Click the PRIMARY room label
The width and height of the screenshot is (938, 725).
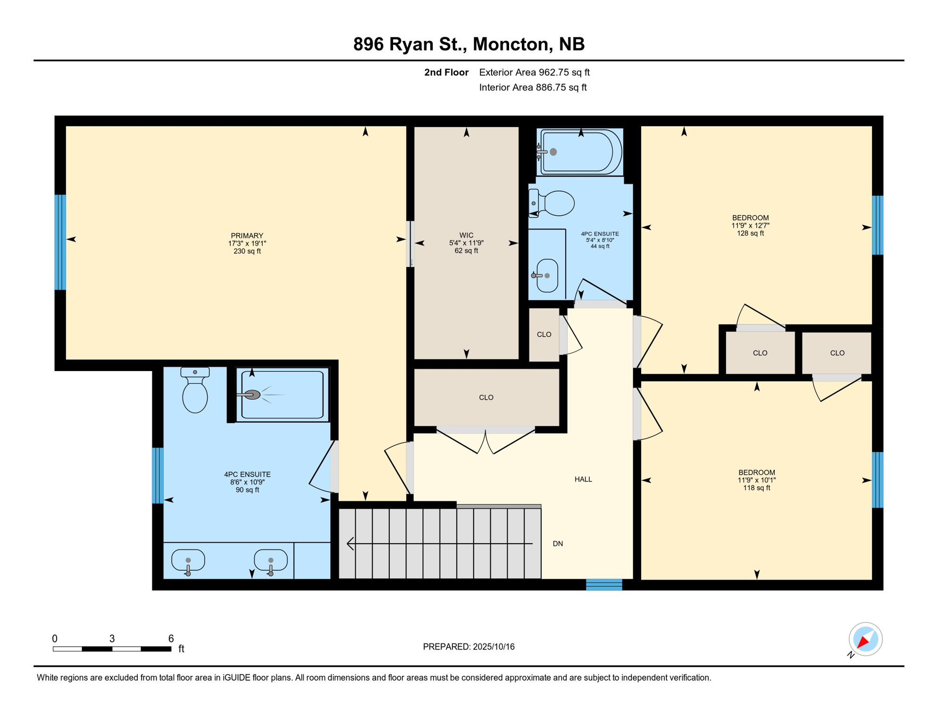[x=247, y=236]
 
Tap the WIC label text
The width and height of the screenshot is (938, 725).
[x=466, y=235]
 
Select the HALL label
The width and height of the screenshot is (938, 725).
[x=583, y=479]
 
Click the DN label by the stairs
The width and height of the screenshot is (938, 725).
[x=558, y=543]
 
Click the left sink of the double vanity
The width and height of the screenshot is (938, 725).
[x=188, y=562]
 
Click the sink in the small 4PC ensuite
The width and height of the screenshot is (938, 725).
[x=546, y=275]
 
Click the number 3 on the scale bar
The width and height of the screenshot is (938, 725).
[x=112, y=638]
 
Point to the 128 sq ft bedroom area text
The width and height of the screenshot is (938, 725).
[x=750, y=233]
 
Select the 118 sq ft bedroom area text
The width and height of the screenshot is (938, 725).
[x=756, y=488]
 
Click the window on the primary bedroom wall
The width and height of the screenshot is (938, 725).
[x=60, y=242]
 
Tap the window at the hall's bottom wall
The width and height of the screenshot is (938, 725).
[x=604, y=584]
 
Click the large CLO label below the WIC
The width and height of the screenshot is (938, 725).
[x=486, y=397]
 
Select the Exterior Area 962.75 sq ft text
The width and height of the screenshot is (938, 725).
[x=534, y=72]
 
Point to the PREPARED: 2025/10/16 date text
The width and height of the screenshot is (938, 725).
[x=469, y=647]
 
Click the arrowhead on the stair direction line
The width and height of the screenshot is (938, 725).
[x=350, y=543]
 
